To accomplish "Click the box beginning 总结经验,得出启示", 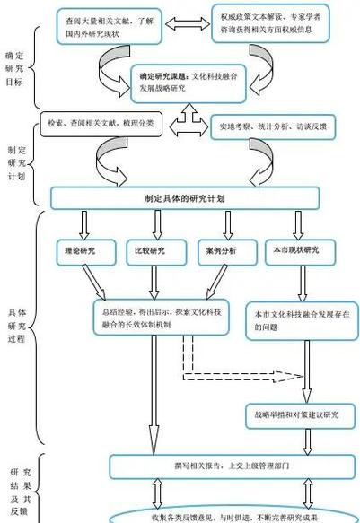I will tap(162, 317).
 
